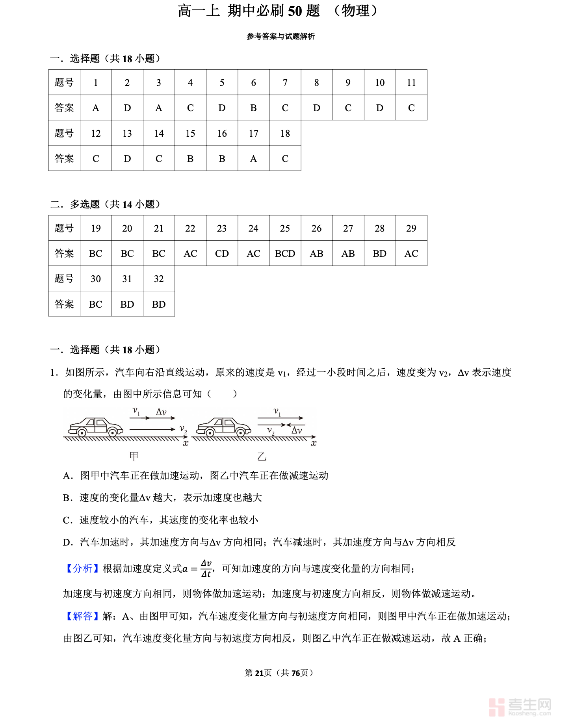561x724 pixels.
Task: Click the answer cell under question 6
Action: (x=253, y=108)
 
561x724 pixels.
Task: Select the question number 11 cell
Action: (x=411, y=82)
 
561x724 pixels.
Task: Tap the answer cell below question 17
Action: (x=253, y=158)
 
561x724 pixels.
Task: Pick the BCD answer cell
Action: (x=285, y=253)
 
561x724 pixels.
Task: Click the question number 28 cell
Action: (x=379, y=228)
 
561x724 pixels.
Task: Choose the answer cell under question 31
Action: (x=127, y=304)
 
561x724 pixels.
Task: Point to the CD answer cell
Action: (x=222, y=253)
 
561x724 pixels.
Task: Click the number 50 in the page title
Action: (x=295, y=11)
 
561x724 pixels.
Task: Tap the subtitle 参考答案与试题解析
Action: (x=280, y=36)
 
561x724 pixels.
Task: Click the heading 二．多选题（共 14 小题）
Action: (x=106, y=204)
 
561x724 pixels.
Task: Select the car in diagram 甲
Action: (x=95, y=427)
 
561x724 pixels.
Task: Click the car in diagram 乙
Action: (x=224, y=427)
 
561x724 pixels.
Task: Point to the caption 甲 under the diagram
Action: (x=134, y=456)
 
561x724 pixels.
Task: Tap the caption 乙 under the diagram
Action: (x=262, y=456)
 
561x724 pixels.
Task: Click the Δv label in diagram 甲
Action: (x=161, y=412)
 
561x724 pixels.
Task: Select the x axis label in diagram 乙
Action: (x=314, y=444)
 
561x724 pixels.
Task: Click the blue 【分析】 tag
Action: (x=82, y=568)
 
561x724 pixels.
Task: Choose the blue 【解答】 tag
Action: (x=82, y=616)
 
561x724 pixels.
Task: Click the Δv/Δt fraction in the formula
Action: (x=206, y=568)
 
